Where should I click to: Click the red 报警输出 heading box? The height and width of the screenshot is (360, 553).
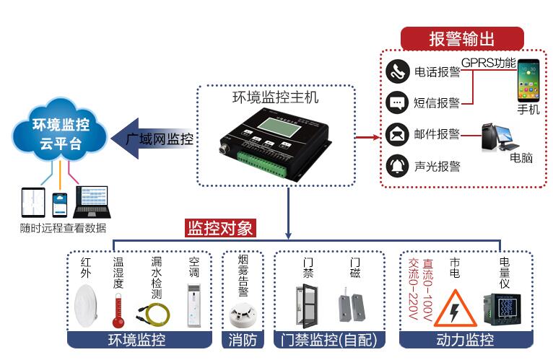[x=462, y=38]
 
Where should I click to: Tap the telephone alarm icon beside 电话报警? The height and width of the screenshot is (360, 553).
[x=396, y=71]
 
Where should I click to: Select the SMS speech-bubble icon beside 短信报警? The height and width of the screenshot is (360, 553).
[x=396, y=102]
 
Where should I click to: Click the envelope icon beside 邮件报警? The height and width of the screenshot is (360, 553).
[x=396, y=134]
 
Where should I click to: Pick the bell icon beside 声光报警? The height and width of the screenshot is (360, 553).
[x=396, y=166]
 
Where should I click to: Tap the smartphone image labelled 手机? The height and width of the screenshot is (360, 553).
[x=528, y=82]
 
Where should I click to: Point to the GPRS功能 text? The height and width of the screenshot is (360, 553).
[x=489, y=62]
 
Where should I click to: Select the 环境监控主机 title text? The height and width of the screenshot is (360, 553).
[x=275, y=97]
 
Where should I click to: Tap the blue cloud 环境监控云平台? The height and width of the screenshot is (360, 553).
[x=61, y=133]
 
